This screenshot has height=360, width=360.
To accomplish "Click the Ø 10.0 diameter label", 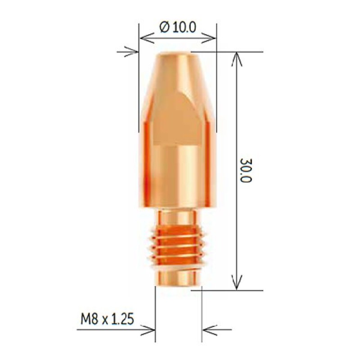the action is [x=178, y=27].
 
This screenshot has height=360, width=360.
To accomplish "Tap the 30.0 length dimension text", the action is [x=246, y=170].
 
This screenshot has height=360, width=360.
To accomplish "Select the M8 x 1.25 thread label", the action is [x=107, y=319].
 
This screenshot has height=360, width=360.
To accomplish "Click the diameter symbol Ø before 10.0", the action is [x=165, y=27].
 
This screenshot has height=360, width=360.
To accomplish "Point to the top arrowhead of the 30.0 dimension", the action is [x=237, y=59].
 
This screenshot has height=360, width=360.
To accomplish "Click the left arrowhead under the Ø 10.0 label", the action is [x=147, y=38].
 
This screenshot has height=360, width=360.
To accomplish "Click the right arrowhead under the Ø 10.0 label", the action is [x=208, y=38].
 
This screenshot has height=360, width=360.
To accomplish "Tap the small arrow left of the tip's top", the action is [x=128, y=52].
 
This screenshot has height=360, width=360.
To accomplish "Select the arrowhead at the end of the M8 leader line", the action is [x=148, y=330].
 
